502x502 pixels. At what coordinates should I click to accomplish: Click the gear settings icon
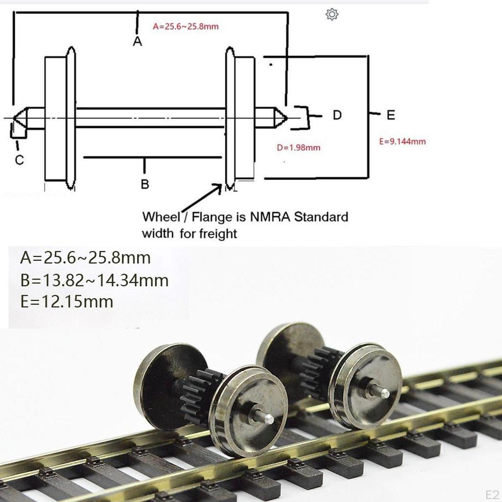tap(332, 14)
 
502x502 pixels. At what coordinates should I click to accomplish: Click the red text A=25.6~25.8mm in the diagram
tap(185, 27)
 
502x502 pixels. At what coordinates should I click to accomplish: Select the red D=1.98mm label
tap(299, 148)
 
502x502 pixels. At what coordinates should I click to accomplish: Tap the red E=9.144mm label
tap(402, 142)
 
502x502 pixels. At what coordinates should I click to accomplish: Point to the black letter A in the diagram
tap(138, 41)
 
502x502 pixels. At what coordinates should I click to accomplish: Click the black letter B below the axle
tap(145, 184)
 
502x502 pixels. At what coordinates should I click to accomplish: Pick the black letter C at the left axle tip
tap(19, 160)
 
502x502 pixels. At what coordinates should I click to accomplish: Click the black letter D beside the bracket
tap(337, 115)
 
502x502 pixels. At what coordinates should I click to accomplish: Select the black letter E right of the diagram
tap(391, 115)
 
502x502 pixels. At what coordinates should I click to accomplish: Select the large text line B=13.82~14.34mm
tap(95, 280)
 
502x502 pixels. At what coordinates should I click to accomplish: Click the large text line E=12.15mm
tap(67, 301)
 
